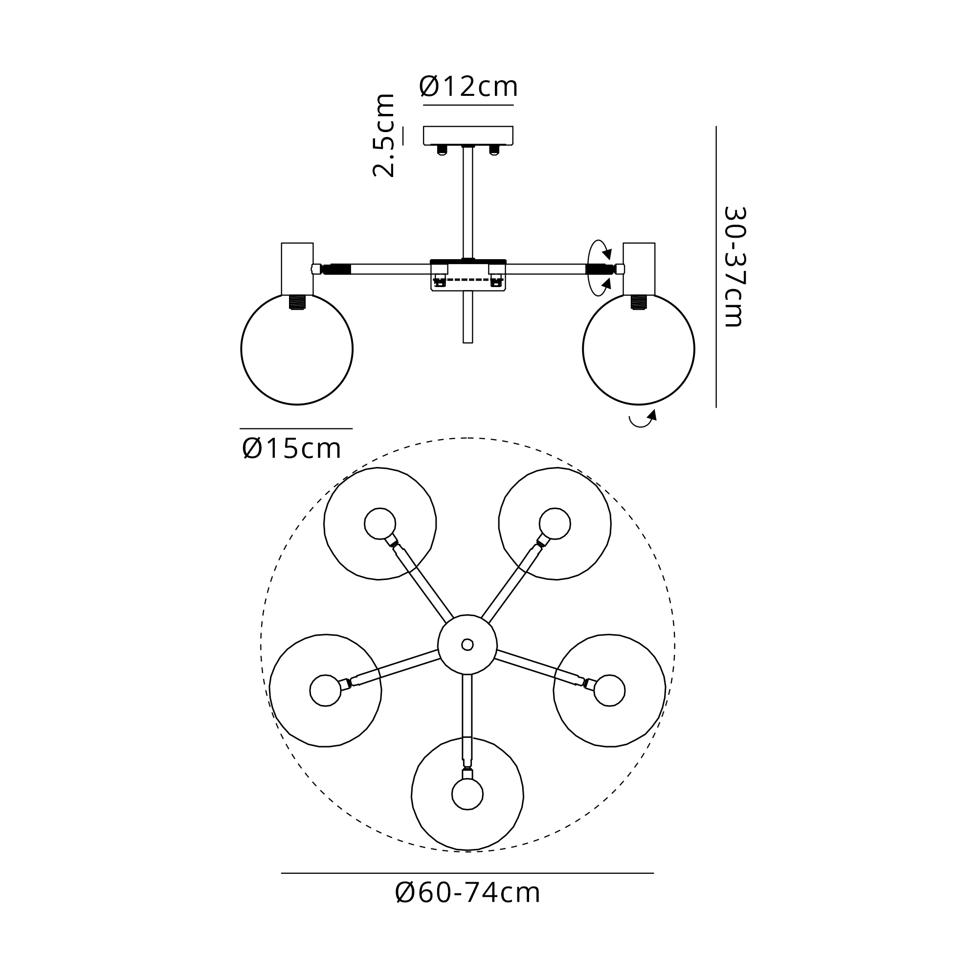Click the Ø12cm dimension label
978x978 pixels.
468,87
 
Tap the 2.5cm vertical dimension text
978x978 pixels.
383,135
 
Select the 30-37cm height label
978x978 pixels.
734,267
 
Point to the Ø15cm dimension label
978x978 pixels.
291,448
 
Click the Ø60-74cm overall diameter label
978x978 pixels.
468,893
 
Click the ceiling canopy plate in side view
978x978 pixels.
468,135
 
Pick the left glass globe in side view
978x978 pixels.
297,349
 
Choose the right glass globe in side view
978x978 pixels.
639,349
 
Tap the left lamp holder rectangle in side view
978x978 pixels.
297,269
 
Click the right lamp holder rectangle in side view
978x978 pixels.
639,269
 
